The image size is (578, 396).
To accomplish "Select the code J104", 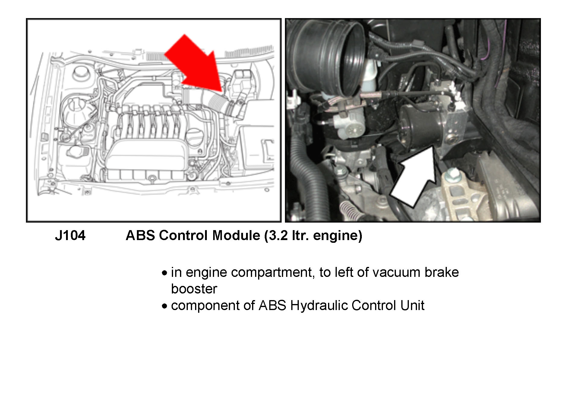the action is coord(70,236).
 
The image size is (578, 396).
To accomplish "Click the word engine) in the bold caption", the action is coord(337,236).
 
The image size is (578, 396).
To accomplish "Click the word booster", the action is coord(194,289).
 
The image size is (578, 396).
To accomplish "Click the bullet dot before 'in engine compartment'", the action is coord(164,273).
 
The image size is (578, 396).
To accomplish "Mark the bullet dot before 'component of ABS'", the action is coord(164,306).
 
